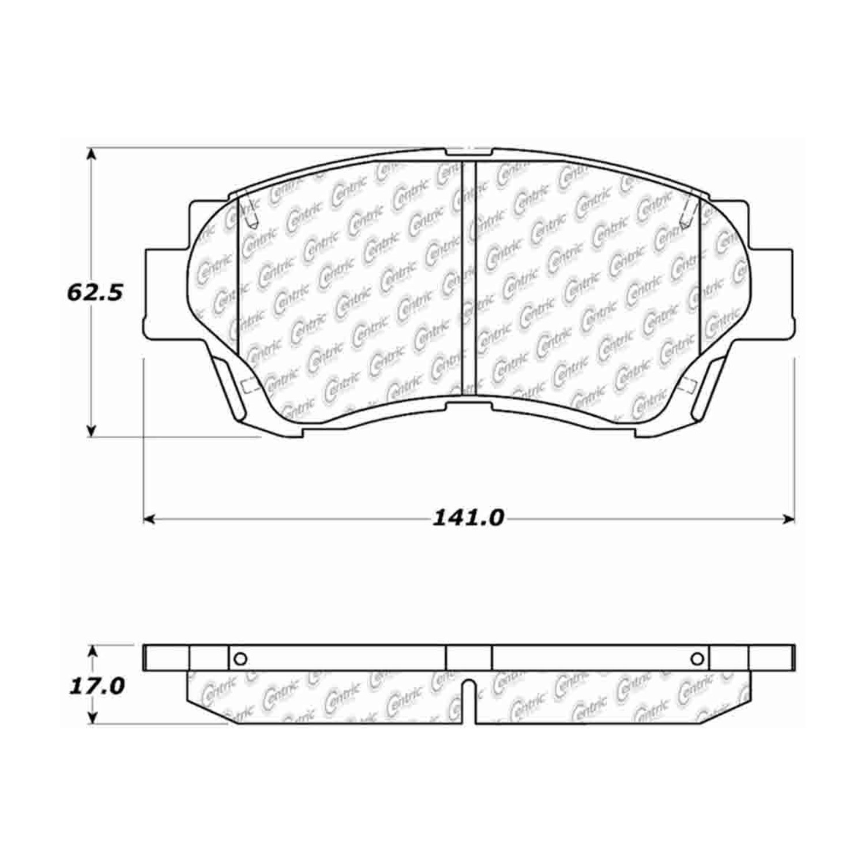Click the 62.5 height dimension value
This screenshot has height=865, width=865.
(x=95, y=293)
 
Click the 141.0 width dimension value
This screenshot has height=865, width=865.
(x=468, y=518)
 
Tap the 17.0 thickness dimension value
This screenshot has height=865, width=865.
(x=97, y=686)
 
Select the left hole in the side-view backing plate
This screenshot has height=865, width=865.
(x=241, y=659)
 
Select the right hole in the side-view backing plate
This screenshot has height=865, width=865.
(x=697, y=659)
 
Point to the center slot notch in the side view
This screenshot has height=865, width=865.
(x=471, y=701)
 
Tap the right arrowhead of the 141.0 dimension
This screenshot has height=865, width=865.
(x=788, y=520)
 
